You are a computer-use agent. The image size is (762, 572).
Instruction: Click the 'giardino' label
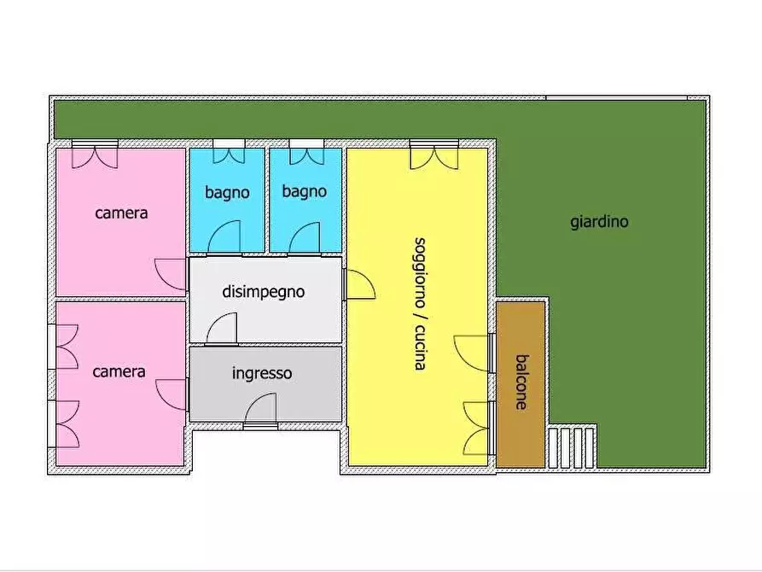click(599, 222)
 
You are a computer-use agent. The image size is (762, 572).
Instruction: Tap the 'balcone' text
click(521, 382)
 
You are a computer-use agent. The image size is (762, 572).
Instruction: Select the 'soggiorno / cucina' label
click(419, 303)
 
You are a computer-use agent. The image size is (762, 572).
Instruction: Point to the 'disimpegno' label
click(263, 292)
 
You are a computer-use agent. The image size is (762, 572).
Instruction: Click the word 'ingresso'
click(262, 373)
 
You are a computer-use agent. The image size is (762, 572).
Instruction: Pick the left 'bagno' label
click(227, 192)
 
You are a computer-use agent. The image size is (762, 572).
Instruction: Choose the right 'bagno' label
click(304, 191)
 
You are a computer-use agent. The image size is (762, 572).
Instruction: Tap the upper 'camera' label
click(121, 213)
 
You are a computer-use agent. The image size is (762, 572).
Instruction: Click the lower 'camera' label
click(119, 371)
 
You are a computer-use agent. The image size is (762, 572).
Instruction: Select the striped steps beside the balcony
click(571, 447)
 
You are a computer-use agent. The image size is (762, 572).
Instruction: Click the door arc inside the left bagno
click(224, 236)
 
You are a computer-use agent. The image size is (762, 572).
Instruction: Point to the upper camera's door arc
click(171, 275)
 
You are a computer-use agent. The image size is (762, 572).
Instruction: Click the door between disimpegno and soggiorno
click(358, 284)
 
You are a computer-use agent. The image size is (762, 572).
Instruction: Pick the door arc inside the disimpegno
click(222, 329)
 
